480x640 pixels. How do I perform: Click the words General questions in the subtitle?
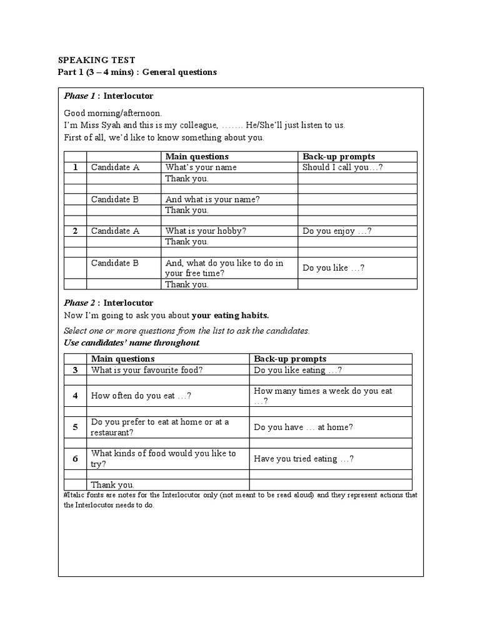pos(179,72)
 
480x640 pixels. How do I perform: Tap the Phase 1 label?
pos(79,96)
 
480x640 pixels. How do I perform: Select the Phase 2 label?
pos(79,303)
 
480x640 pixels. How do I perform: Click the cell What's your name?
pos(201,167)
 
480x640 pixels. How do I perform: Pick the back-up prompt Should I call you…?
pos(342,167)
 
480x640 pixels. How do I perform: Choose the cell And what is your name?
pos(212,199)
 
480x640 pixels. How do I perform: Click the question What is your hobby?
pos(206,231)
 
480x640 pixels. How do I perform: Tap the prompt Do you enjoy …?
pos(337,231)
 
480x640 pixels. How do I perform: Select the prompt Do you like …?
pos(334,268)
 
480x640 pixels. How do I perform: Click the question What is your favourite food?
pos(147,370)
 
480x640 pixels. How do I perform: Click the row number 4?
pos(75,396)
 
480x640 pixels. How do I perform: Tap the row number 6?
pos(75,459)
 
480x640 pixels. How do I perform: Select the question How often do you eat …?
pos(141,396)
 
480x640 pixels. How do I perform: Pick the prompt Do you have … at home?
pos(303,427)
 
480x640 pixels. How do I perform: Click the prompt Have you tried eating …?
pos(304,459)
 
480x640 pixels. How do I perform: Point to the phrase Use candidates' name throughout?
pos(132,343)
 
